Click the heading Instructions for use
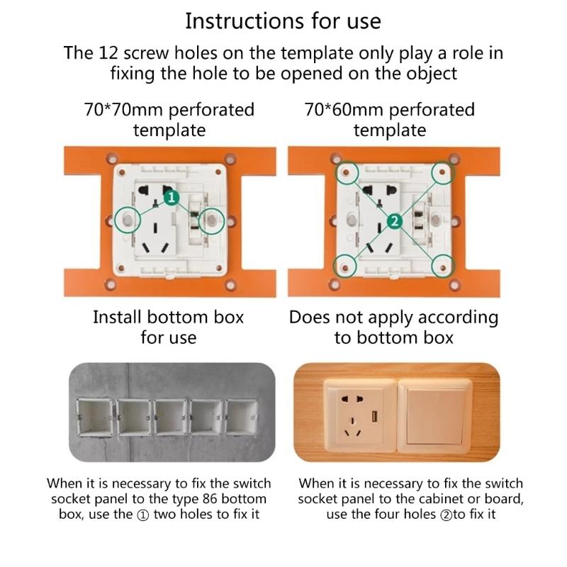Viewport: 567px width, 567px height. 283,21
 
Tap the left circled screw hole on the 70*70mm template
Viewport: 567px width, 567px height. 128,220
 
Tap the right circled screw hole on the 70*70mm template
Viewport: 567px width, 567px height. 212,221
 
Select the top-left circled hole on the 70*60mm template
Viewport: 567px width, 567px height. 347,172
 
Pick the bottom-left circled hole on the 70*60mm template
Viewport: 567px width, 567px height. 346,266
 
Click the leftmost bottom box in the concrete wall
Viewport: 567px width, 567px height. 95,417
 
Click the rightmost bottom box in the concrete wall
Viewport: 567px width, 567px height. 243,417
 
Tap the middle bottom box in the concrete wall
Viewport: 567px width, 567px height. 169,417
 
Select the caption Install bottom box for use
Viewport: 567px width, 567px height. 168,327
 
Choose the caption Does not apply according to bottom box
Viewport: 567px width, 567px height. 393,327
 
